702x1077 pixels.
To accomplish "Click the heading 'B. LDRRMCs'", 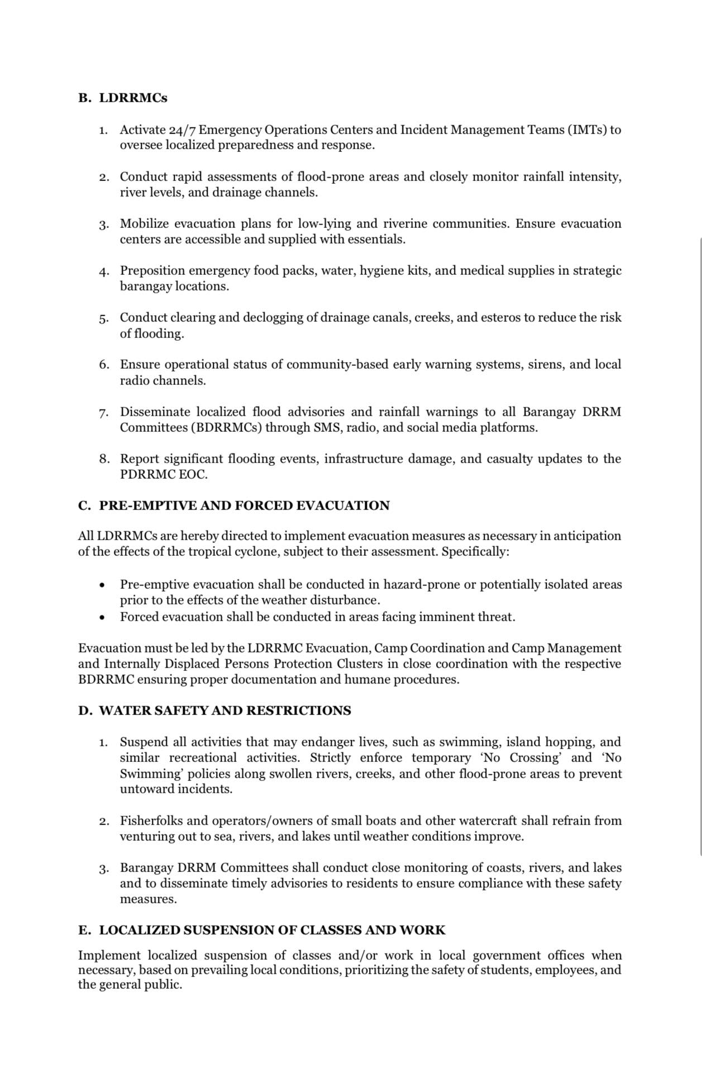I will [123, 98].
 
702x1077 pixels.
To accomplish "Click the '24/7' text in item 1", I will [182, 130].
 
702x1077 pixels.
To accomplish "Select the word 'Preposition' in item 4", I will [152, 271].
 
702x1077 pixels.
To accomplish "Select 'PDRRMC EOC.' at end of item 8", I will [164, 475].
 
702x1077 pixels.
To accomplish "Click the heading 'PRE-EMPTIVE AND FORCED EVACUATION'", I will [244, 506].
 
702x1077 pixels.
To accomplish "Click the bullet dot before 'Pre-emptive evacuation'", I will [101, 585].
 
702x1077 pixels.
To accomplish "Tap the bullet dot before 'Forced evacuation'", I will [101, 618].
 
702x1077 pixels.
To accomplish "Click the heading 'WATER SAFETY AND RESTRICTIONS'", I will [225, 711].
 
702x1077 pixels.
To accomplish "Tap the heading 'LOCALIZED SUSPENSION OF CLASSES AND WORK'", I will [272, 931].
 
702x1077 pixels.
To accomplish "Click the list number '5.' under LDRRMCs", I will [104, 319].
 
